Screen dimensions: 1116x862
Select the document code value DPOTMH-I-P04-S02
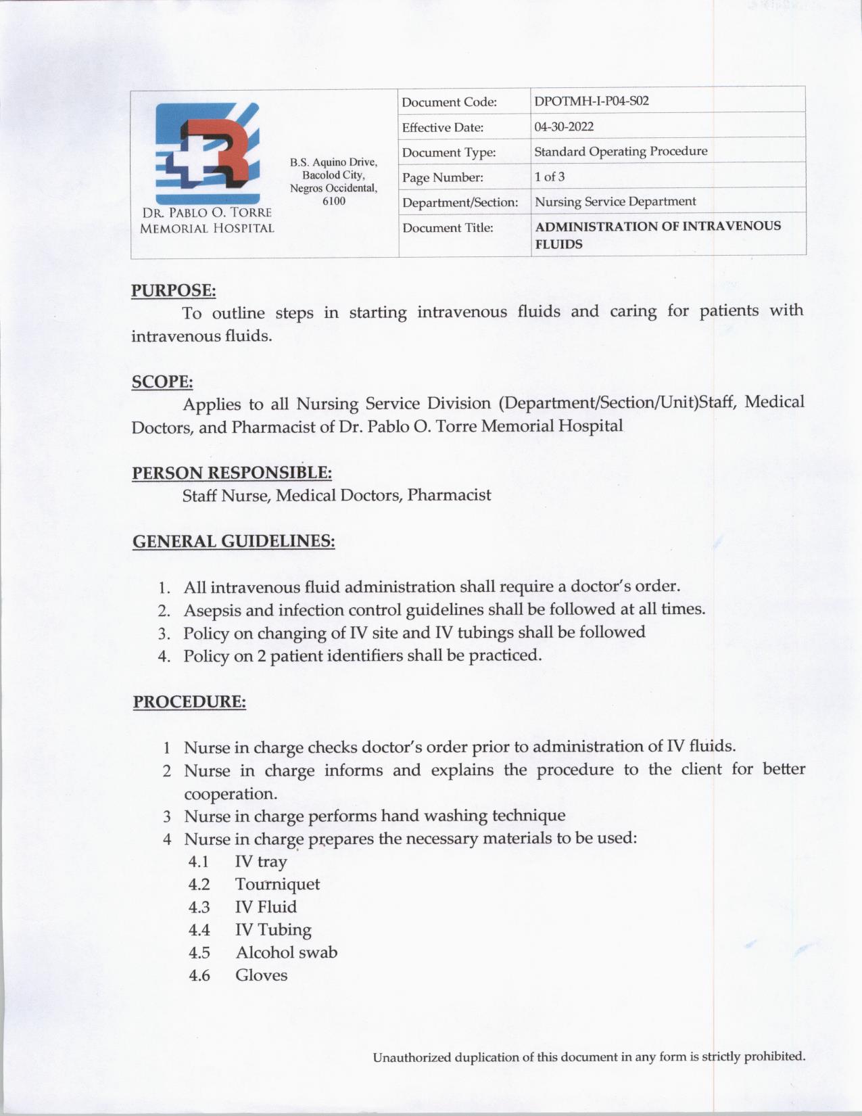coord(592,101)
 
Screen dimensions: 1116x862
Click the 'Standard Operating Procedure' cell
coord(621,152)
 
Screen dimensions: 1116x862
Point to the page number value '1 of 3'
coord(549,177)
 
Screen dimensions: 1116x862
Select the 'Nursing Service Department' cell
coord(615,202)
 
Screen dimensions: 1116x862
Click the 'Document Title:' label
coord(448,228)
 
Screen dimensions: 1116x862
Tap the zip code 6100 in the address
coord(334,201)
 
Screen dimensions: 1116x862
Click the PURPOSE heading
coord(173,291)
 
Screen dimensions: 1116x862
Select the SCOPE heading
coord(162,381)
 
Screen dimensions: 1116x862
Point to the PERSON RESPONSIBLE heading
coord(231,473)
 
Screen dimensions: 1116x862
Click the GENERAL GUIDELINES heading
coord(233,542)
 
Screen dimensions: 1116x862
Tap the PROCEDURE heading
coord(189,701)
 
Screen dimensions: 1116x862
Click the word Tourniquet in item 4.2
coord(277,885)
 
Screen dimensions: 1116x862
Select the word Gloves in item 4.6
coord(261,975)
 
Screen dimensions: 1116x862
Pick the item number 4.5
coord(199,953)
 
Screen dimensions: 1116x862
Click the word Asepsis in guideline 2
coord(212,610)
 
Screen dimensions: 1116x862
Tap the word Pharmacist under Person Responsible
coord(449,495)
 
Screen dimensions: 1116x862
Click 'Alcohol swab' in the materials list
coord(286,952)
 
